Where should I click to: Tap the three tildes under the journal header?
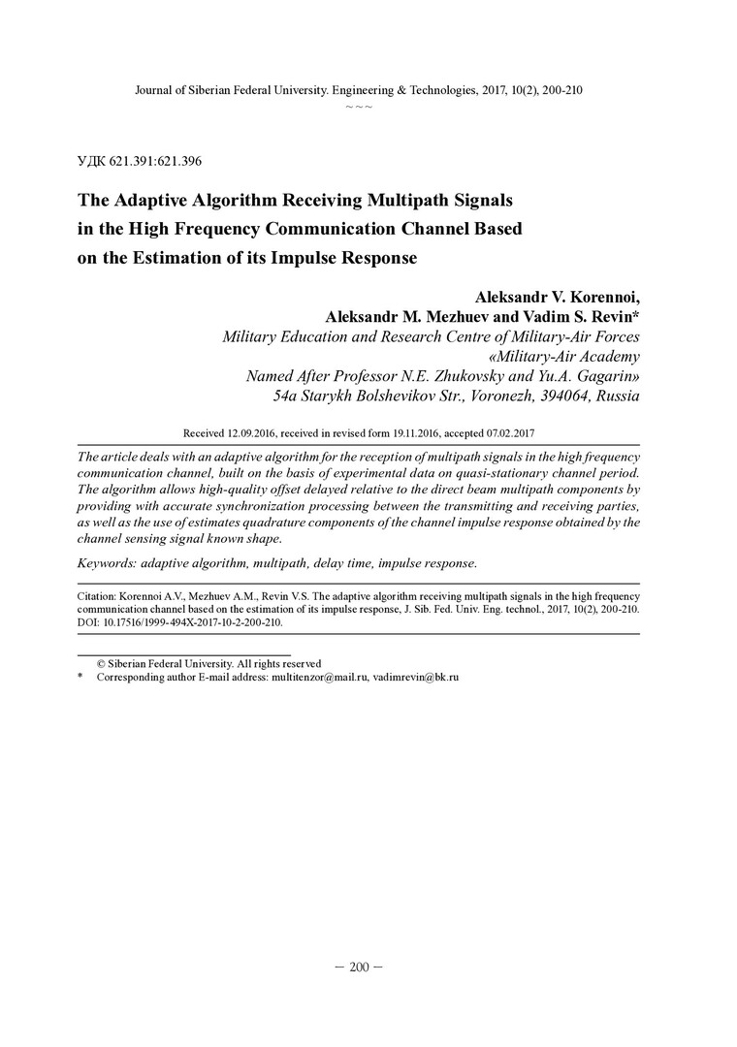point(359,106)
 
